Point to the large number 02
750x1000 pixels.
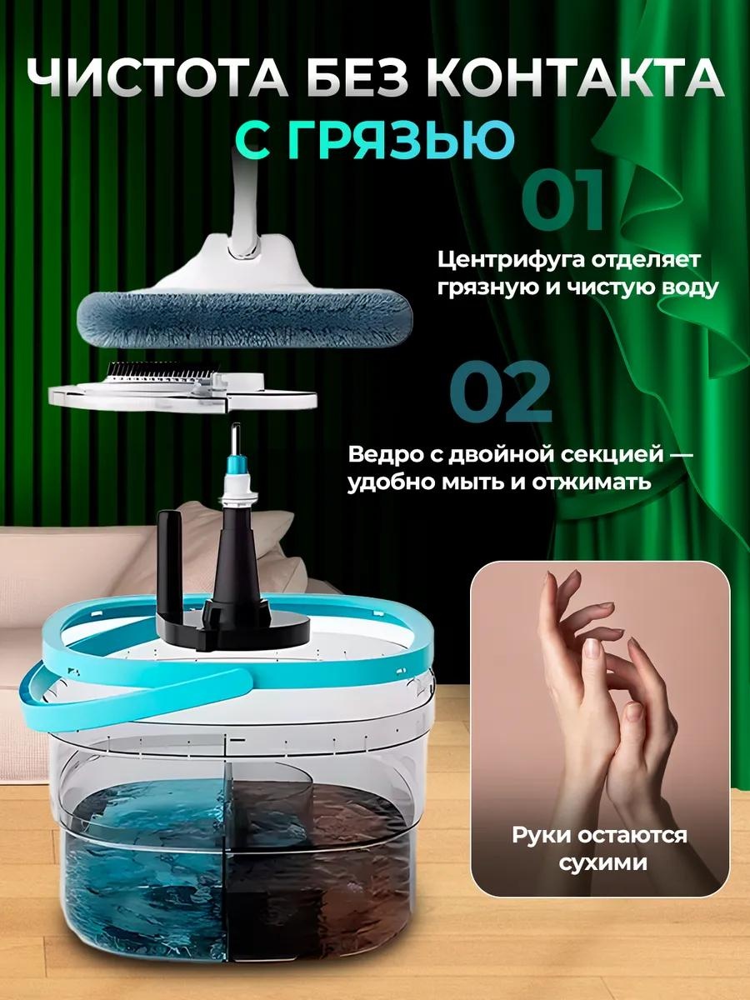click(x=501, y=392)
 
